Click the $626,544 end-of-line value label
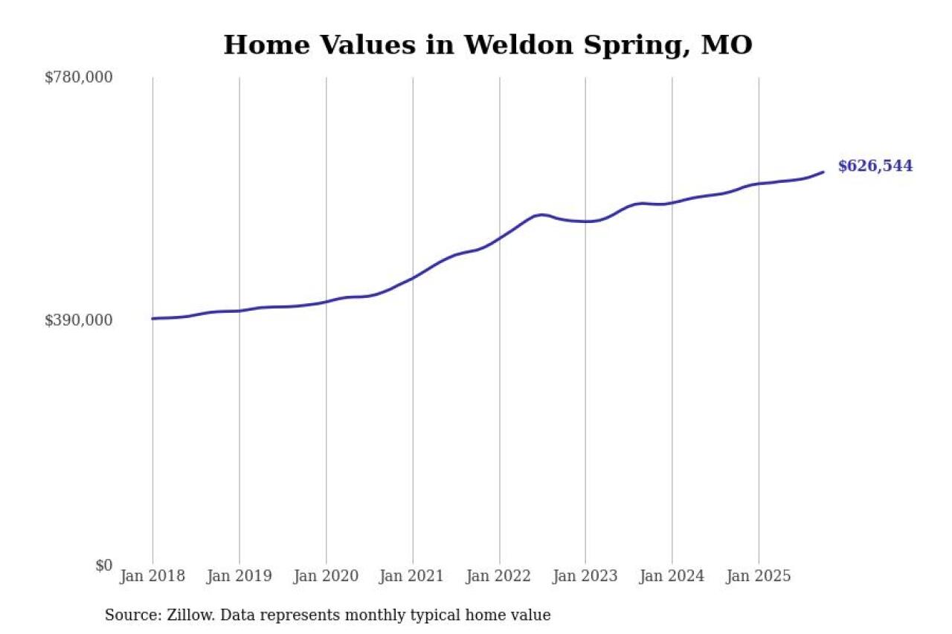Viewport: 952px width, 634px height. [875, 166]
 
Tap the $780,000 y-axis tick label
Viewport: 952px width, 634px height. [79, 77]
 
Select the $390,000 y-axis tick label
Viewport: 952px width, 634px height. [79, 320]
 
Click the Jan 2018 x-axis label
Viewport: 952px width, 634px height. [152, 576]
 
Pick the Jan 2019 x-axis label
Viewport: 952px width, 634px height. [239, 576]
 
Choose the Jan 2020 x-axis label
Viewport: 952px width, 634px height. [326, 576]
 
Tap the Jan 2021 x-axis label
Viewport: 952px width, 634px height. [413, 576]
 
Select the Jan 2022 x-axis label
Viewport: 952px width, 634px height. [499, 576]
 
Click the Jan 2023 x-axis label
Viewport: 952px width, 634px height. [585, 576]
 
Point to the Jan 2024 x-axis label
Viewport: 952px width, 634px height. [672, 576]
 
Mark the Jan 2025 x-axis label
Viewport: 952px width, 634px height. [759, 576]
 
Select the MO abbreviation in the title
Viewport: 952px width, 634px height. [727, 45]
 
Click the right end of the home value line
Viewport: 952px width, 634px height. [823, 172]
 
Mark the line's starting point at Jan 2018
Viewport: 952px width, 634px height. [152, 319]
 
